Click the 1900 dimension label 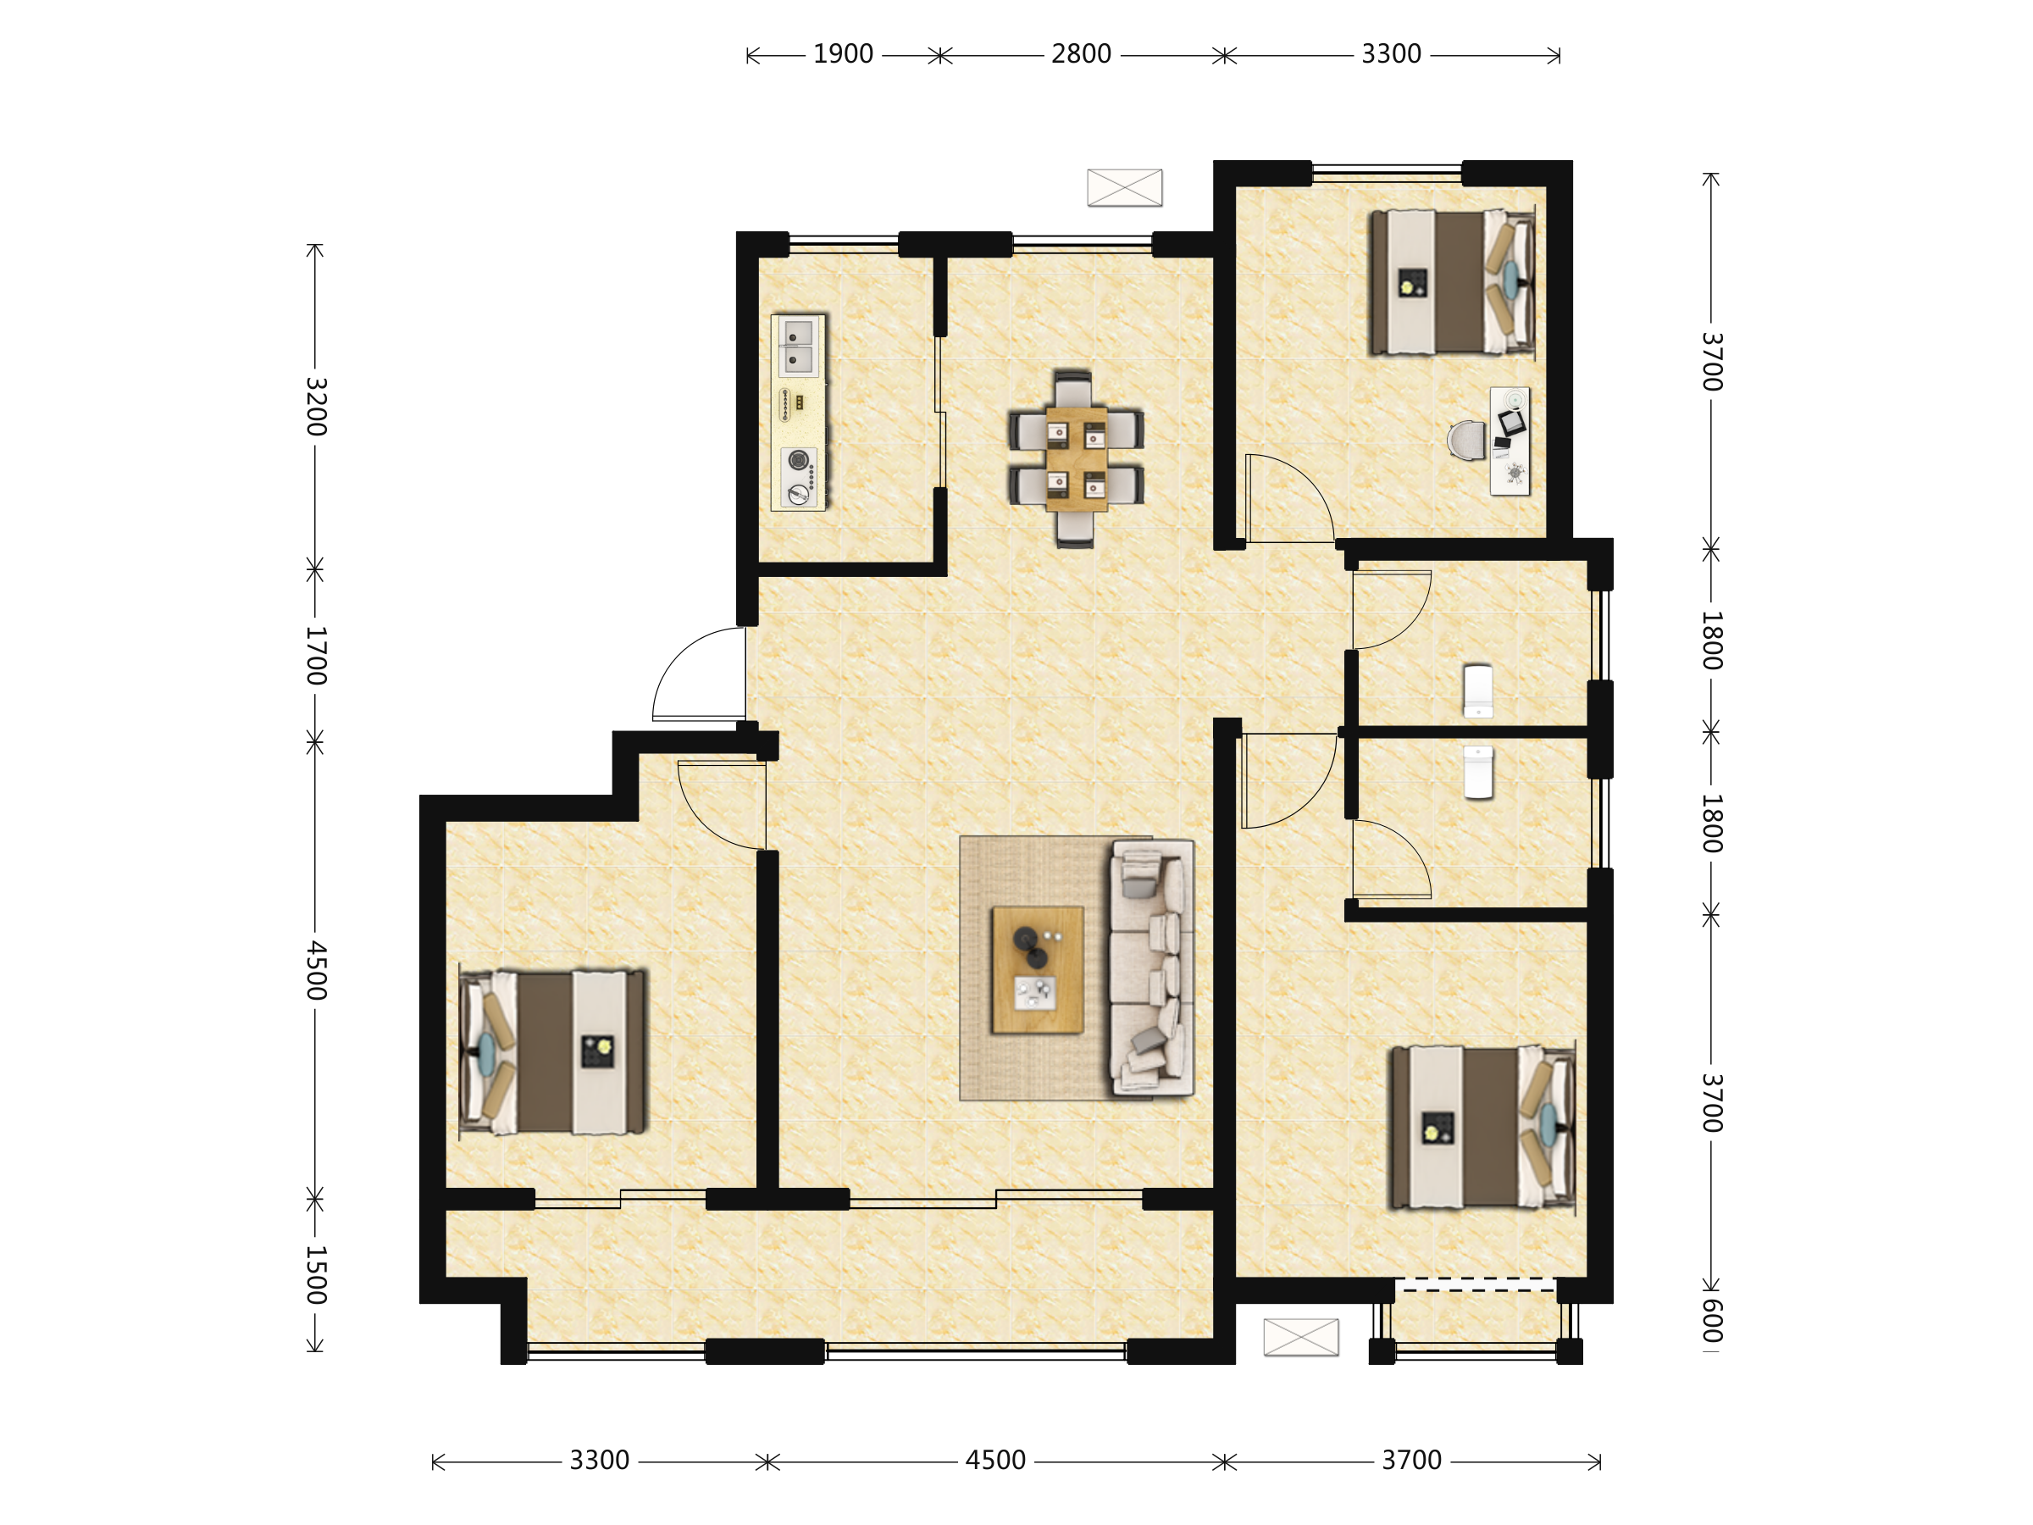[x=843, y=54]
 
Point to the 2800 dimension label [x=1081, y=54]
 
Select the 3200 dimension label [x=315, y=407]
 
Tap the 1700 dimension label [x=315, y=656]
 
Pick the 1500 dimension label [x=315, y=1275]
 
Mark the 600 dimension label [x=1710, y=1320]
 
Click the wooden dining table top [x=1077, y=458]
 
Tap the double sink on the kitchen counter [x=797, y=347]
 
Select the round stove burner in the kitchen [x=799, y=459]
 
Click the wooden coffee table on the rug [x=1038, y=970]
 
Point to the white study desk [x=1510, y=441]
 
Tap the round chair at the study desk [x=1466, y=440]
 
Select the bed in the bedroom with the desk [x=1452, y=282]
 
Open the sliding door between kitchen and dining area [x=940, y=412]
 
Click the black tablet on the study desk [x=1511, y=423]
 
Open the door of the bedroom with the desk [x=1290, y=497]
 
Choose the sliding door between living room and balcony [x=996, y=1199]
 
